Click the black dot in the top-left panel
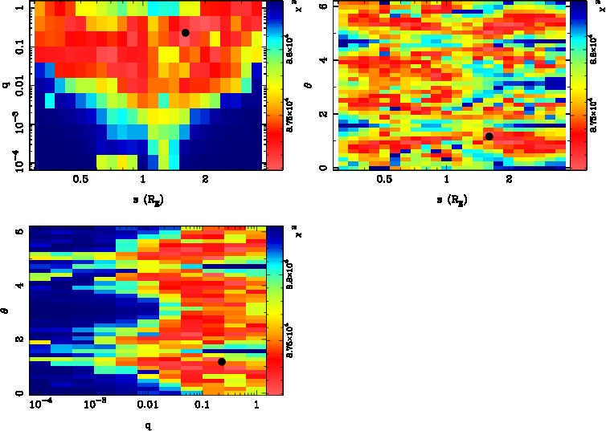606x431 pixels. (185, 33)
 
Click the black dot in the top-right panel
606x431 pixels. (489, 136)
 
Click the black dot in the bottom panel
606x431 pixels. (222, 361)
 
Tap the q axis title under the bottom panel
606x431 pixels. (149, 426)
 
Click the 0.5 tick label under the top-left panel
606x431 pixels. (80, 181)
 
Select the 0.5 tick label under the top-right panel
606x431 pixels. (384, 181)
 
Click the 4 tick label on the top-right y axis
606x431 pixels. (325, 60)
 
